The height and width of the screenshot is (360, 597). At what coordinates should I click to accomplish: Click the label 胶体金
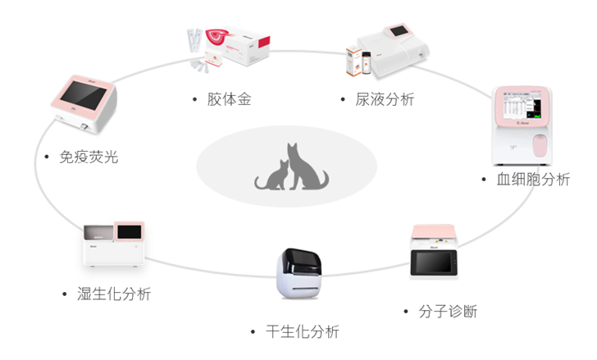pyautogui.click(x=229, y=100)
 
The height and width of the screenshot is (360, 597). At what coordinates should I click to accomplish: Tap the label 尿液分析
pyautogui.click(x=385, y=100)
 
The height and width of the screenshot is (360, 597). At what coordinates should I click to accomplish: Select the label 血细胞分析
pyautogui.click(x=534, y=180)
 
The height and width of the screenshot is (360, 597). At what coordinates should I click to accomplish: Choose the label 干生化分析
pyautogui.click(x=302, y=332)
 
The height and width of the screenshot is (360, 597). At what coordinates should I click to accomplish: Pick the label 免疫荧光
pyautogui.click(x=89, y=156)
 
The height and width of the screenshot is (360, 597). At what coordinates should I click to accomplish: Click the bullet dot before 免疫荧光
pyautogui.click(x=46, y=156)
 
